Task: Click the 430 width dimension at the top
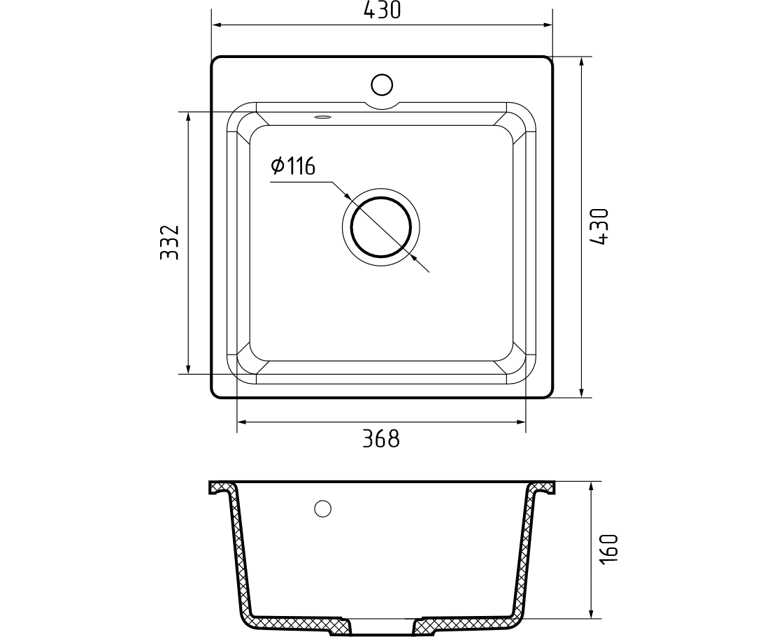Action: tap(382, 10)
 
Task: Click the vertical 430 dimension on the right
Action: tap(600, 227)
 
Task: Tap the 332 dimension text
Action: tap(169, 242)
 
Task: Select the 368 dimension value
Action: tap(381, 438)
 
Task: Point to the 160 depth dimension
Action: tap(610, 548)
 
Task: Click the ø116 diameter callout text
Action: tap(293, 166)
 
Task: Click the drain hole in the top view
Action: tap(381, 227)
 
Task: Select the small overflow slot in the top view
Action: tap(322, 117)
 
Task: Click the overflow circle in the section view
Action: tap(323, 508)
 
